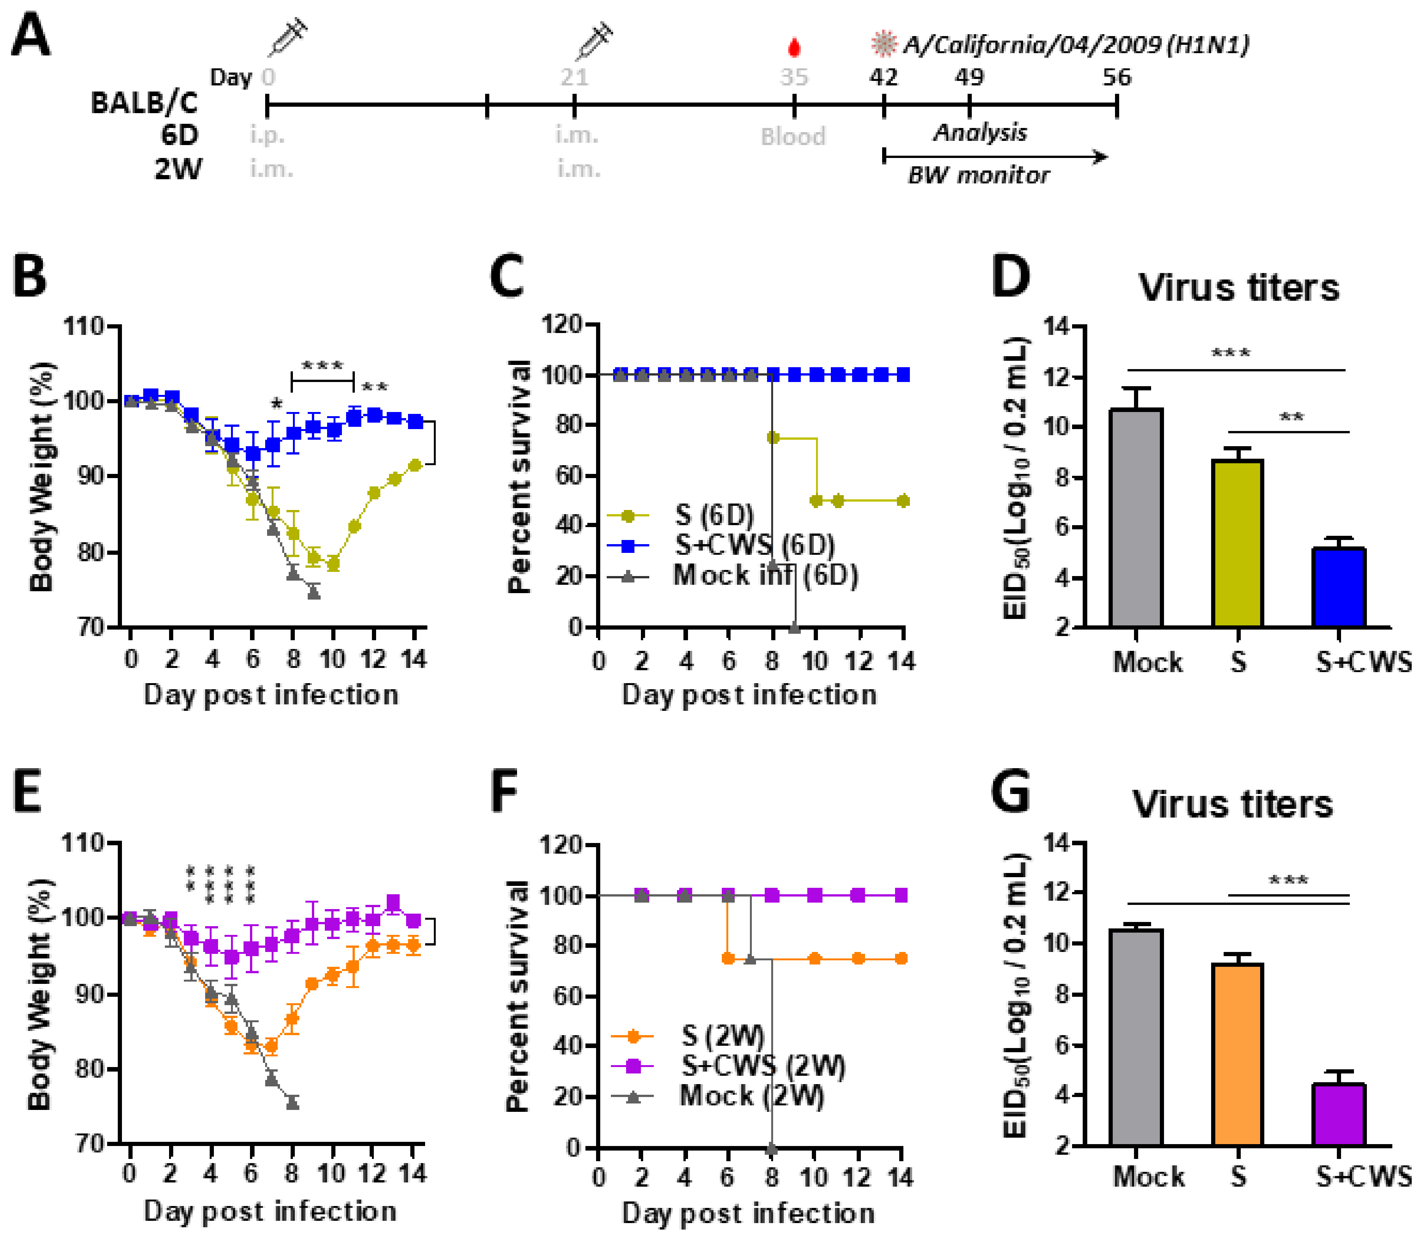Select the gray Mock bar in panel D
1136,517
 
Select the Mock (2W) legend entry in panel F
751,1095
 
